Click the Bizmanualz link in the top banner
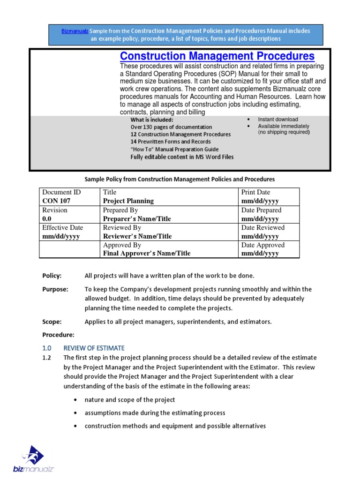click(x=75, y=31)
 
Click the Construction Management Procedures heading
click(x=217, y=57)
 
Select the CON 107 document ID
click(x=57, y=201)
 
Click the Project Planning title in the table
click(x=128, y=201)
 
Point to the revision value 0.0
click(x=47, y=218)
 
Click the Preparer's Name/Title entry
click(x=137, y=218)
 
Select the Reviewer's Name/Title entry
click(x=137, y=236)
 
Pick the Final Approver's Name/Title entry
click(x=147, y=254)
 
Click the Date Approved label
click(x=262, y=245)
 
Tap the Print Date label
click(x=255, y=192)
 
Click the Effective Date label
click(x=62, y=227)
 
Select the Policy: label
click(x=52, y=276)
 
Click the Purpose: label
click(x=55, y=289)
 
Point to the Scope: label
click(x=52, y=322)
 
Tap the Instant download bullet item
click(x=277, y=120)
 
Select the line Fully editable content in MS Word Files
click(x=182, y=157)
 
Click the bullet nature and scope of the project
click(x=130, y=400)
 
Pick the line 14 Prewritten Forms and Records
click(x=171, y=142)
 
